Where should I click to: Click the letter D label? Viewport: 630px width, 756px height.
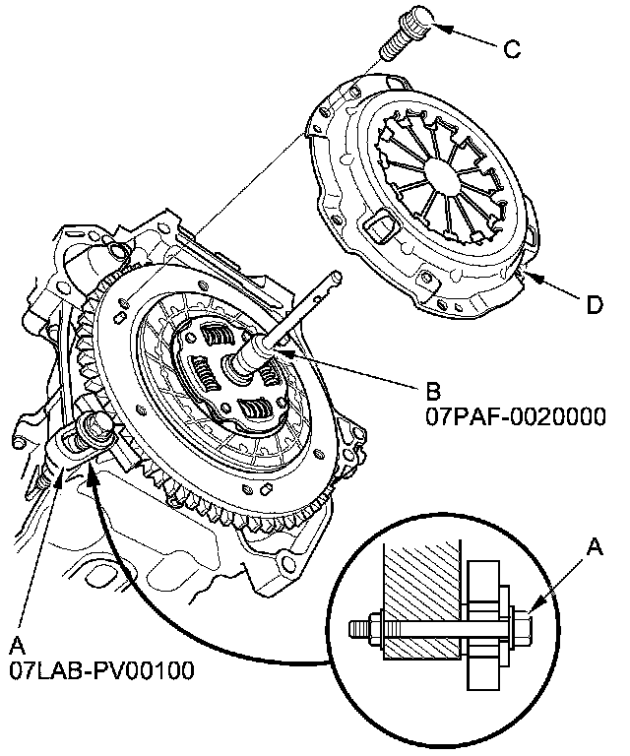[x=595, y=306]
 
